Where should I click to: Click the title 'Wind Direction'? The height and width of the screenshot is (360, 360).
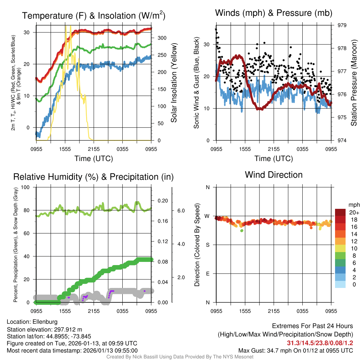(274, 175)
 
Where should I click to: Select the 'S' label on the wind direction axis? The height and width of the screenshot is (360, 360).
(207, 245)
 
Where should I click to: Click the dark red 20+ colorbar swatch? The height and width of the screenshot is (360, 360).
(341, 212)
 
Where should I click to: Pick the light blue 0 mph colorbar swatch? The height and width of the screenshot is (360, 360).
(341, 285)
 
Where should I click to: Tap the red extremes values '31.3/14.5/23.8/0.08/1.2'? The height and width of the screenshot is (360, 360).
(320, 343)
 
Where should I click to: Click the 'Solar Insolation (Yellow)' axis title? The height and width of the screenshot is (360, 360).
(174, 83)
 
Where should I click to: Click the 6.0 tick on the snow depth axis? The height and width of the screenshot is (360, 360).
(181, 211)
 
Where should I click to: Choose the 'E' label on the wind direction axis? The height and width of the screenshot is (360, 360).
(207, 274)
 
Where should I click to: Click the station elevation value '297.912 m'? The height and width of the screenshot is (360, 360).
(67, 329)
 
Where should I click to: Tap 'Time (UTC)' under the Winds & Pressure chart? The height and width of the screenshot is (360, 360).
(274, 159)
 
